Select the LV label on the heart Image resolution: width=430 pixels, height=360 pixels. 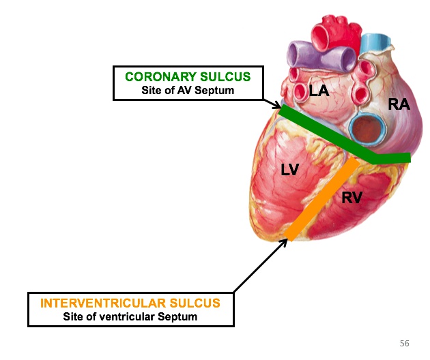pos(290,170)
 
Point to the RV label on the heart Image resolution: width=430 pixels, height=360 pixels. pos(352,198)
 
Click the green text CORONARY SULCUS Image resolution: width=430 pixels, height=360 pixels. pos(188,76)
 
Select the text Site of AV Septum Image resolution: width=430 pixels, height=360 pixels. pos(188,89)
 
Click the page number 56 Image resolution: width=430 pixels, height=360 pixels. pos(404,343)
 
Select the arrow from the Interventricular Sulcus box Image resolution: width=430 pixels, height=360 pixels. pos(259,267)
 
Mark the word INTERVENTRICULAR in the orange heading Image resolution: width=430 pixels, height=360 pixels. pos(104,303)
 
